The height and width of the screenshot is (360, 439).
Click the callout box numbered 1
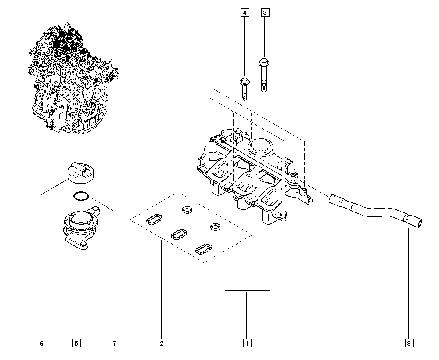(247, 343)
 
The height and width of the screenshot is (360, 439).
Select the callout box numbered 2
(162, 343)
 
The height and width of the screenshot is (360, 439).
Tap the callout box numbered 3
(265, 13)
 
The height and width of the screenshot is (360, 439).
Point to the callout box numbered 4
(245, 13)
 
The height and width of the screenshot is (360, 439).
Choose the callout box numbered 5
(76, 343)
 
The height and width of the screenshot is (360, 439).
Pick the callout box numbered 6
(41, 343)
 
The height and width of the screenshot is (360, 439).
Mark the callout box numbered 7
(114, 343)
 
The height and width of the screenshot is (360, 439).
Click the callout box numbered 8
(409, 343)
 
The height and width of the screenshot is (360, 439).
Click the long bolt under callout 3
(264, 75)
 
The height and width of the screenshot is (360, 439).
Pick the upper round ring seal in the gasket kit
(187, 209)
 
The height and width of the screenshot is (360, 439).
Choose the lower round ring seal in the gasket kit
(215, 227)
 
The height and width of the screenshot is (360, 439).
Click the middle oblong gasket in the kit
(179, 234)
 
